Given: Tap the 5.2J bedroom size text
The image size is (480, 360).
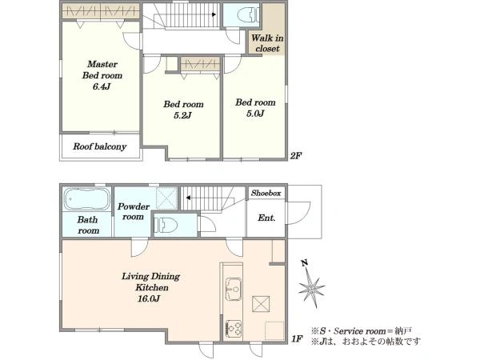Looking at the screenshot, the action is tap(182, 115).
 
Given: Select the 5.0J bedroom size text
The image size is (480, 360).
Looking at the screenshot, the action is tap(255, 114).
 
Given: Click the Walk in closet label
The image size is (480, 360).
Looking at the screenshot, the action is tap(267, 43).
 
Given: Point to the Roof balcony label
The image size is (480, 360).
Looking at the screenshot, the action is tap(99, 146).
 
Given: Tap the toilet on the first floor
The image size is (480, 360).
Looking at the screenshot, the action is tap(166, 226).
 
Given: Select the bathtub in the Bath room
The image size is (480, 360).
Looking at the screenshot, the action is tap(86, 199).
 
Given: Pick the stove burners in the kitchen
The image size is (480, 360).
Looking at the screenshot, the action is tap(234, 329).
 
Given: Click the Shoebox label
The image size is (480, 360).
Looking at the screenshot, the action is tap(266, 193).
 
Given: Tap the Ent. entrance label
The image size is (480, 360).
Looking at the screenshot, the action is tap(266, 218).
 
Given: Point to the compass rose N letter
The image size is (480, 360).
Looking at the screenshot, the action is tap(304, 263).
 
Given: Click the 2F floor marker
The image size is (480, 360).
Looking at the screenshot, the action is tap(296, 156).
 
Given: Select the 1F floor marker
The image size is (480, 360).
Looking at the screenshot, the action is tap(297, 339).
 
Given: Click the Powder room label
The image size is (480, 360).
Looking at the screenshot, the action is tap(133, 211).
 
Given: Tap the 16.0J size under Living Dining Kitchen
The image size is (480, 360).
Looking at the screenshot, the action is tap(149, 298).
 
